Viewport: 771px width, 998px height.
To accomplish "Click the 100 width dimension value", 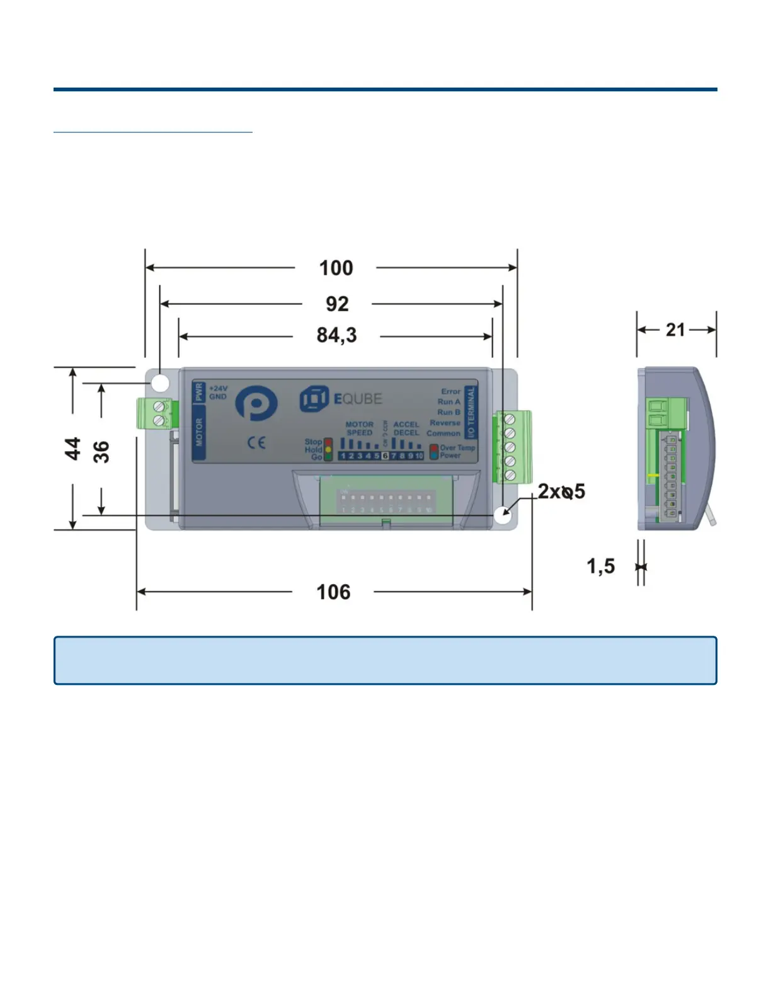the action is (x=336, y=268).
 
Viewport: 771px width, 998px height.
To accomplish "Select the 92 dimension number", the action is (x=337, y=304).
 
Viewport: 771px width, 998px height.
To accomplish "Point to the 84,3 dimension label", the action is (x=336, y=335).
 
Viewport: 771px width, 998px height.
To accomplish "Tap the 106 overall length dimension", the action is (x=333, y=592).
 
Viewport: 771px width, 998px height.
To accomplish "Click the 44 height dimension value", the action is (x=73, y=449).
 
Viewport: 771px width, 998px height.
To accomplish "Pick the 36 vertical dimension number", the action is (x=101, y=452).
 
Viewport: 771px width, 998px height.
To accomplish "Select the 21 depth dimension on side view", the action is (x=675, y=330).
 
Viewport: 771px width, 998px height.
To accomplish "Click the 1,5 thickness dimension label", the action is (x=600, y=566).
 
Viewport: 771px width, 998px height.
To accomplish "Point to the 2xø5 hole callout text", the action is (x=561, y=491).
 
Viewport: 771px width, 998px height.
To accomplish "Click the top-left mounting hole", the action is (x=160, y=382).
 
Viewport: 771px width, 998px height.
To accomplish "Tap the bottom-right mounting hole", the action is (x=503, y=514).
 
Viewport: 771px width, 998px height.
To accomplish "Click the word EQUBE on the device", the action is (x=357, y=399).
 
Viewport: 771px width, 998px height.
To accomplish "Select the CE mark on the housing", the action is (x=256, y=443).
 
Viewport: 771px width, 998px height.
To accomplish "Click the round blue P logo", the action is (x=256, y=403).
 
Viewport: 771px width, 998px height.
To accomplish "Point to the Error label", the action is (x=450, y=391).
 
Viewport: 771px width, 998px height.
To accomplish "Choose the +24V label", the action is (x=218, y=389).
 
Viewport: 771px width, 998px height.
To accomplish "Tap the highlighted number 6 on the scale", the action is (x=385, y=456).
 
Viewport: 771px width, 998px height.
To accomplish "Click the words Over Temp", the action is (x=457, y=448).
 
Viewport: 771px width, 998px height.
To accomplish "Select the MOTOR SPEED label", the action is (x=359, y=428).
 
